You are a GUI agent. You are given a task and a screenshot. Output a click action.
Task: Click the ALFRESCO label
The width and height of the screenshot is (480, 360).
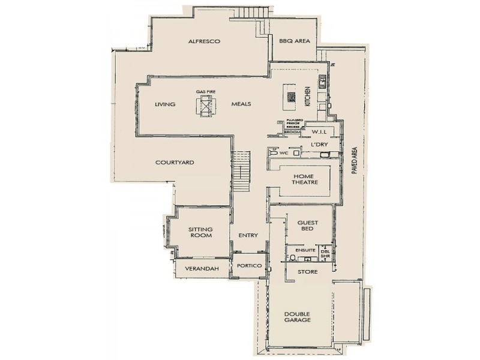[205, 41]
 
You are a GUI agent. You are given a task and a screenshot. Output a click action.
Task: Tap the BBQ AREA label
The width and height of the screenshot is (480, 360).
[294, 41]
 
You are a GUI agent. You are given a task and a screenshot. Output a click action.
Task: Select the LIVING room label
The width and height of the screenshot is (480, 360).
[164, 104]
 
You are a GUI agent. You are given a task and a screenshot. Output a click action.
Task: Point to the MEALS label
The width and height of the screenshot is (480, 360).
[241, 104]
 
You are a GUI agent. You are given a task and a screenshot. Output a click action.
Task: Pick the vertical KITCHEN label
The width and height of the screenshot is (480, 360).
[307, 96]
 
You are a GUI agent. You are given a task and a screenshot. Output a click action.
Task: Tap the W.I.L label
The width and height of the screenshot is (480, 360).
[319, 132]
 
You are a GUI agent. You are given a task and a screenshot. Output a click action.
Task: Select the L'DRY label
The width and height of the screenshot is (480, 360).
[318, 145]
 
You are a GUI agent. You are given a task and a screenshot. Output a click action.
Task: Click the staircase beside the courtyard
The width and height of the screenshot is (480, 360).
[241, 171]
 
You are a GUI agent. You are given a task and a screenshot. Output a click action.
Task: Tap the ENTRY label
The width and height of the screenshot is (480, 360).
[248, 235]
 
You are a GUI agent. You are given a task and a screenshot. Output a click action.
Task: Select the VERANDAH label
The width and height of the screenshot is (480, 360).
[200, 268]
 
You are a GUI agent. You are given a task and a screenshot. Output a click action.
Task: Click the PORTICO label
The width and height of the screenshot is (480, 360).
[249, 265]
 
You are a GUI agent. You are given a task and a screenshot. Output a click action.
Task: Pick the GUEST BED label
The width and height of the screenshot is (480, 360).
[308, 226]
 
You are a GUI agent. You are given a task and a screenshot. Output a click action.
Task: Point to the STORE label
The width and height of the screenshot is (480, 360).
[308, 272]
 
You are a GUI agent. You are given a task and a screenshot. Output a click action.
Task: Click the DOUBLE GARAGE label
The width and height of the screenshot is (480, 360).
[298, 316]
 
